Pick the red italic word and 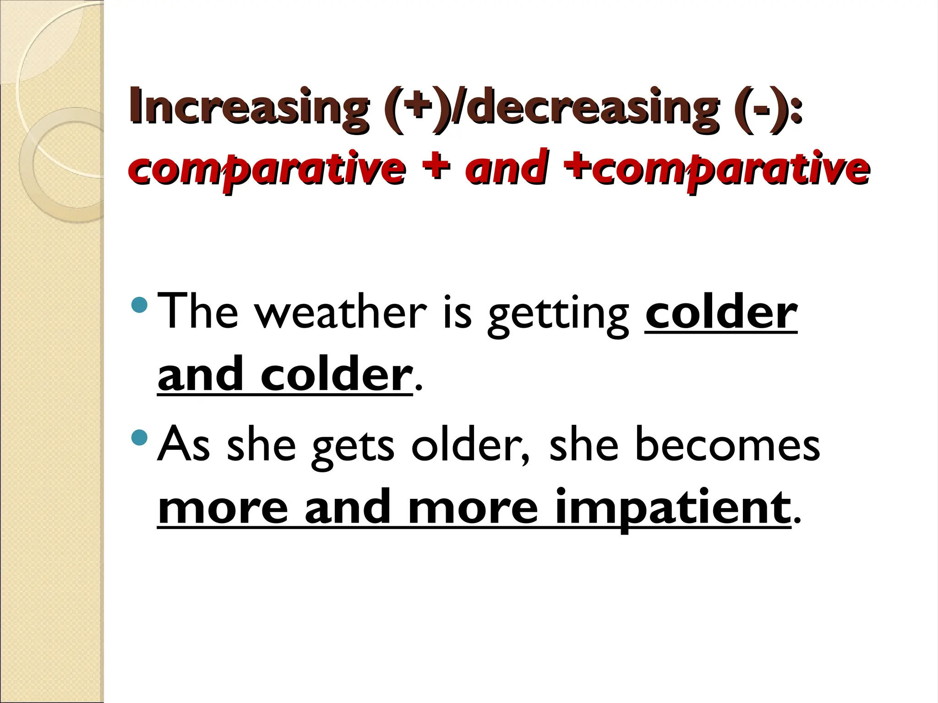(x=506, y=167)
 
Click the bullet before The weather (x=139, y=304)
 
